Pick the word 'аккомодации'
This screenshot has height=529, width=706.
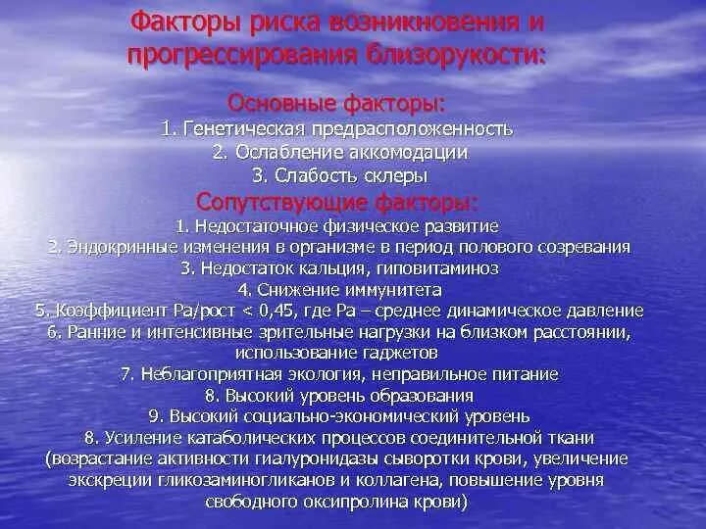(x=405, y=153)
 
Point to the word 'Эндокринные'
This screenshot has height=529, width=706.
(x=113, y=246)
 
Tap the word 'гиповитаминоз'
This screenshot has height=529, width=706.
(x=444, y=267)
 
